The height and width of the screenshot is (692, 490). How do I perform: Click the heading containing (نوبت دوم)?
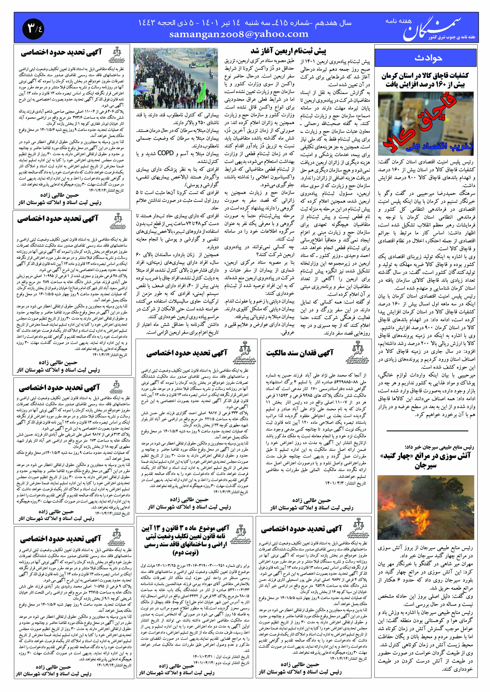(x=185, y=553)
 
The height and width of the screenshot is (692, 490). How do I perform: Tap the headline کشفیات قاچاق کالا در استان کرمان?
(x=425, y=80)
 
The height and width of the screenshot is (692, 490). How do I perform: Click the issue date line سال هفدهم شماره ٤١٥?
(x=244, y=23)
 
